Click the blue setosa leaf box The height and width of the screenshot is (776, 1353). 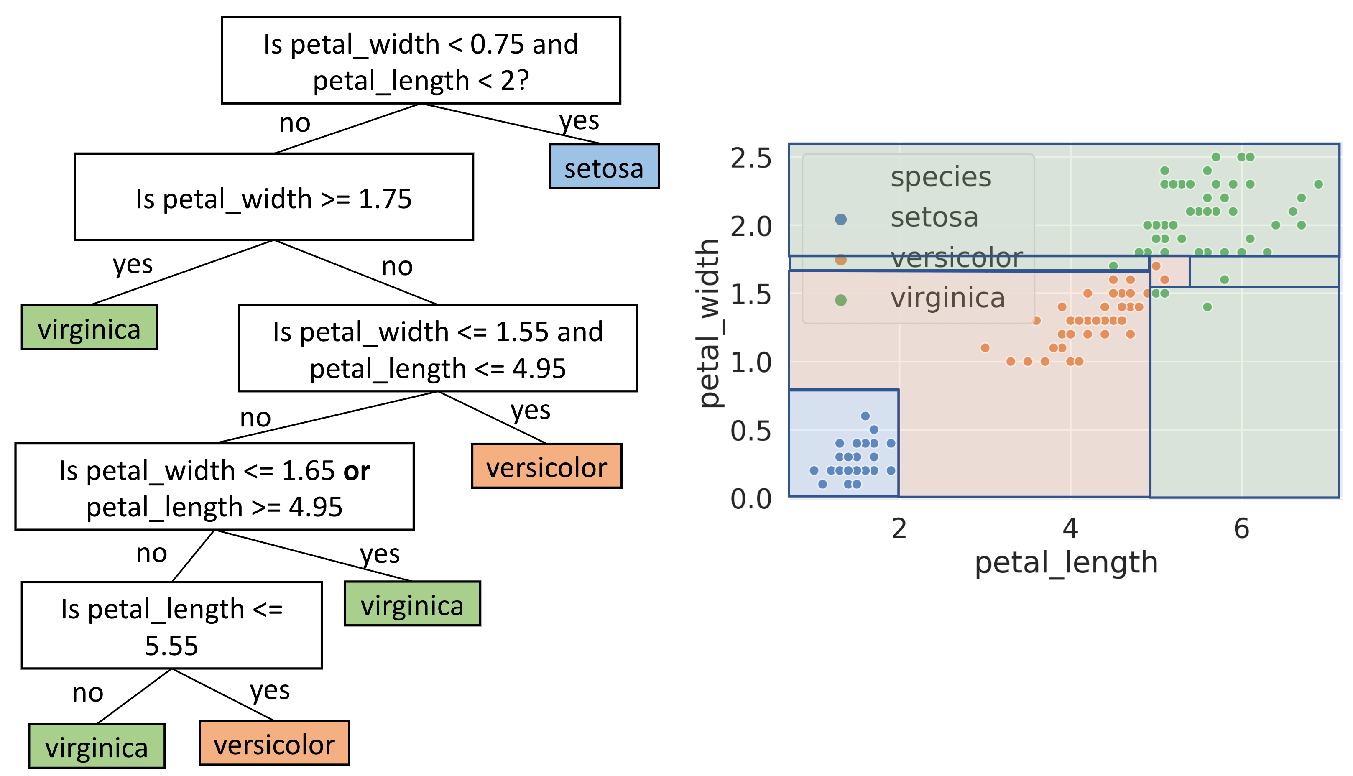point(604,166)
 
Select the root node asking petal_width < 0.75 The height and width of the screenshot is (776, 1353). point(421,60)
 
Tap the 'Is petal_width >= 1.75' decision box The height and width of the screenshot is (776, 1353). point(273,197)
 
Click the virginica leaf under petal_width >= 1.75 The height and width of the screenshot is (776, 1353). point(89,327)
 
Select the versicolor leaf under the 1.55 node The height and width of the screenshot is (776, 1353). point(546,466)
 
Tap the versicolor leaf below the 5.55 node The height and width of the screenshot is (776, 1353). point(274,743)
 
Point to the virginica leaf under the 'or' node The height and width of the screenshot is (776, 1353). point(412,603)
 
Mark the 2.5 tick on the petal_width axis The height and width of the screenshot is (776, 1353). point(751,158)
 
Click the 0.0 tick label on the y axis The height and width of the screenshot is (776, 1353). point(751,499)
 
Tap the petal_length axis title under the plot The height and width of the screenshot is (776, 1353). point(1066,563)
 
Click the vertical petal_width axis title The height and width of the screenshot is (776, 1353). point(709,324)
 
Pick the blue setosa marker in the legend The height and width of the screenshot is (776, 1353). point(840,219)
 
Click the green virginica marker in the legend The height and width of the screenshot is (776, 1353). point(840,300)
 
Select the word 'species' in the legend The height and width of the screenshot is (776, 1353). point(941,177)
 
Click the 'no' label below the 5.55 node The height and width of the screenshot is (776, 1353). point(87,693)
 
